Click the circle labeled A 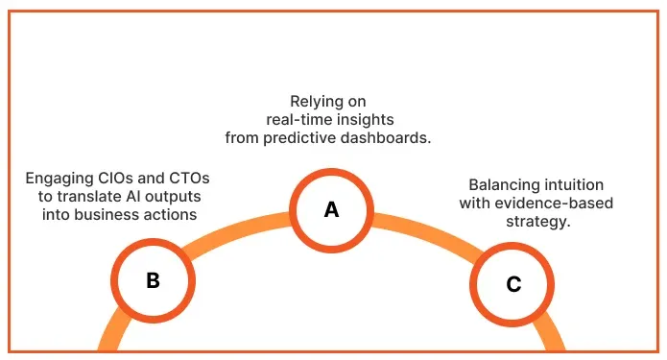tap(331, 208)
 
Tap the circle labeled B tap(153, 280)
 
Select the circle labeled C tap(513, 284)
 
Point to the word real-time tap(300, 119)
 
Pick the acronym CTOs tap(189, 179)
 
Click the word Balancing tap(503, 184)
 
